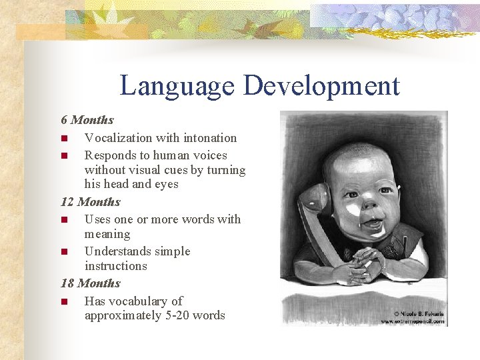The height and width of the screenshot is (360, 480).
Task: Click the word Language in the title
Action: point(177,86)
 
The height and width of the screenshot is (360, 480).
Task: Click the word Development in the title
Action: point(321,86)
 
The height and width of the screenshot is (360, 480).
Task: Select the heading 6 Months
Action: point(87,120)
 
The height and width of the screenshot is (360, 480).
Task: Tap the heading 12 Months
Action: point(91,201)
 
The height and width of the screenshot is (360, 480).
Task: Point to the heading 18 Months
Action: point(91,283)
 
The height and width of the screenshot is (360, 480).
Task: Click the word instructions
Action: point(115,265)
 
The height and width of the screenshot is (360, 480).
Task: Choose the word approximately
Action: point(122,315)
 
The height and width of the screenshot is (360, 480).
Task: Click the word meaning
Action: point(107,234)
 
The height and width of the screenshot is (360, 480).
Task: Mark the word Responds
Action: point(109,155)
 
